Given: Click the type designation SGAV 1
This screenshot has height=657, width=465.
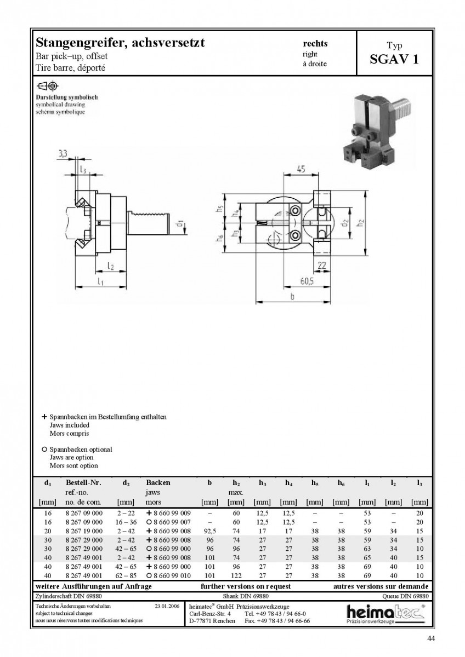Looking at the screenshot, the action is point(394,60).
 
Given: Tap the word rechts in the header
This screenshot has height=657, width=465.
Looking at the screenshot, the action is point(315,43).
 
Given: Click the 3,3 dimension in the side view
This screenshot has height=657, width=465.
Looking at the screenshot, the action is point(63,153).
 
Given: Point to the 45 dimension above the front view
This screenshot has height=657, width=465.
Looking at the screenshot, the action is point(301,169).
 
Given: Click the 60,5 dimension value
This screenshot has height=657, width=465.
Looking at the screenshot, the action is point(307,281).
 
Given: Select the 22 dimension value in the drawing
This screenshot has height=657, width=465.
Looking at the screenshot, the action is point(322,266).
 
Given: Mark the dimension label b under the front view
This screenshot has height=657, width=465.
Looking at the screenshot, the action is point(292,297).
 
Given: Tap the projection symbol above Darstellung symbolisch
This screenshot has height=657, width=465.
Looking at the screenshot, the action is point(47,86).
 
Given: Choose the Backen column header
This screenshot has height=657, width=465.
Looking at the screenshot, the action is point(158,482).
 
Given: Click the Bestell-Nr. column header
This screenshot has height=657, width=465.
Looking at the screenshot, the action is point(83,482).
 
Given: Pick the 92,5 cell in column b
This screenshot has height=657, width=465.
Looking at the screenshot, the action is point(209,531).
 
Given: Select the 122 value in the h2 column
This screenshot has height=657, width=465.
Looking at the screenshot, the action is point(236,575).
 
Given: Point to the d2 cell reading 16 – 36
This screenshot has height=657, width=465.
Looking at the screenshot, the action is point(126,522).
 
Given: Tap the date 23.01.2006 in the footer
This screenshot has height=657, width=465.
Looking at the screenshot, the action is point(167,606).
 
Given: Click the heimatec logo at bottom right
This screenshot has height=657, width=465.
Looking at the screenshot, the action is point(386,614).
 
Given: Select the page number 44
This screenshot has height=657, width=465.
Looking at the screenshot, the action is point(431,638).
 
